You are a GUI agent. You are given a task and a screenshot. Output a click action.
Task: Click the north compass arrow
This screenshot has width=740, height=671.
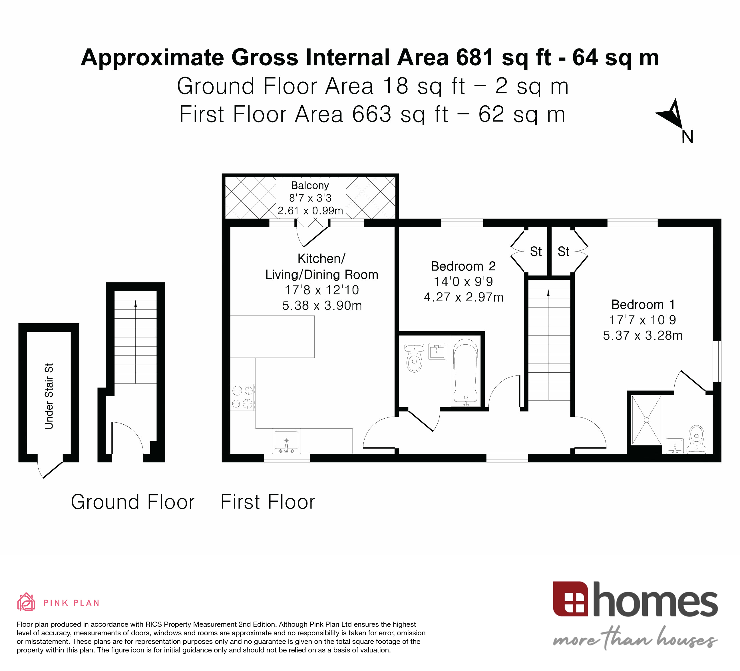point(672,114)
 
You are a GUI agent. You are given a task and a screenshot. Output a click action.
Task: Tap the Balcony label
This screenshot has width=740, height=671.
point(310,185)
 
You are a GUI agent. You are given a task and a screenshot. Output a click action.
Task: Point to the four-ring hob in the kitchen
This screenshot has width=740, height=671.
point(243,397)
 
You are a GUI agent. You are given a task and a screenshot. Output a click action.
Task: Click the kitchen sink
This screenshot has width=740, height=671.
point(286,441)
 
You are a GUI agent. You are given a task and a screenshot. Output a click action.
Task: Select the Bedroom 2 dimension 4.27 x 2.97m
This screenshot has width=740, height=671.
point(463,297)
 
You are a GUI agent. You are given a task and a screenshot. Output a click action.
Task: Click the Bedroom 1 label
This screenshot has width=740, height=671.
point(643,304)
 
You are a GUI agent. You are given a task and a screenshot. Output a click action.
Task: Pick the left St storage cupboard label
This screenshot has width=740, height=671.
point(536,252)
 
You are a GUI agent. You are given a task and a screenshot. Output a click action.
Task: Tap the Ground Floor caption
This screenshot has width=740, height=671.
point(132,502)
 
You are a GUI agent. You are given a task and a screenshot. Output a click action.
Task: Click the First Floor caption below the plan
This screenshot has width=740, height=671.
point(268,502)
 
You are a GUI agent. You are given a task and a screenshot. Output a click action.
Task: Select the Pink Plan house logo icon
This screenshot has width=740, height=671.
point(26,603)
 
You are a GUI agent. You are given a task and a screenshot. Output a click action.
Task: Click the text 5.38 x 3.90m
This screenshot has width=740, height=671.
point(322,306)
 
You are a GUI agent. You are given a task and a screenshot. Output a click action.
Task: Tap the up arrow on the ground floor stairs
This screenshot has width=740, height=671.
point(135,304)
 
